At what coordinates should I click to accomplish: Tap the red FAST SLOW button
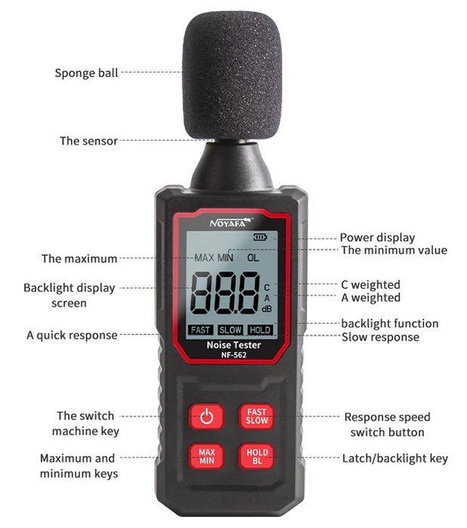257,416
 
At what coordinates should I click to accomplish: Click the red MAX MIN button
207,456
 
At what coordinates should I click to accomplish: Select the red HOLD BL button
257,456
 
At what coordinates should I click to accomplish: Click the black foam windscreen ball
232,77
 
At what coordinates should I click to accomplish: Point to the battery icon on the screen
260,238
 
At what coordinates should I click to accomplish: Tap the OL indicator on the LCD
253,258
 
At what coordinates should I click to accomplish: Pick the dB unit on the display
266,309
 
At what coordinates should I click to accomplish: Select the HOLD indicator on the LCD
260,330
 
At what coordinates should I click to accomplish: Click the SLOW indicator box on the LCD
230,330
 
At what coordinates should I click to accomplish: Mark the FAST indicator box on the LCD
201,330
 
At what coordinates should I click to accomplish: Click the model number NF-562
234,355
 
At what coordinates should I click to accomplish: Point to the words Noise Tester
234,345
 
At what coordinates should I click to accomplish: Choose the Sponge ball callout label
86,73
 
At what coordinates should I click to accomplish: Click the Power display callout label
377,238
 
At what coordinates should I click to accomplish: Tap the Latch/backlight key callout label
395,459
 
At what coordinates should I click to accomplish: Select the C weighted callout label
370,285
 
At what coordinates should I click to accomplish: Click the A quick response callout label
72,336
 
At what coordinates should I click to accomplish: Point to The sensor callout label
88,141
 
